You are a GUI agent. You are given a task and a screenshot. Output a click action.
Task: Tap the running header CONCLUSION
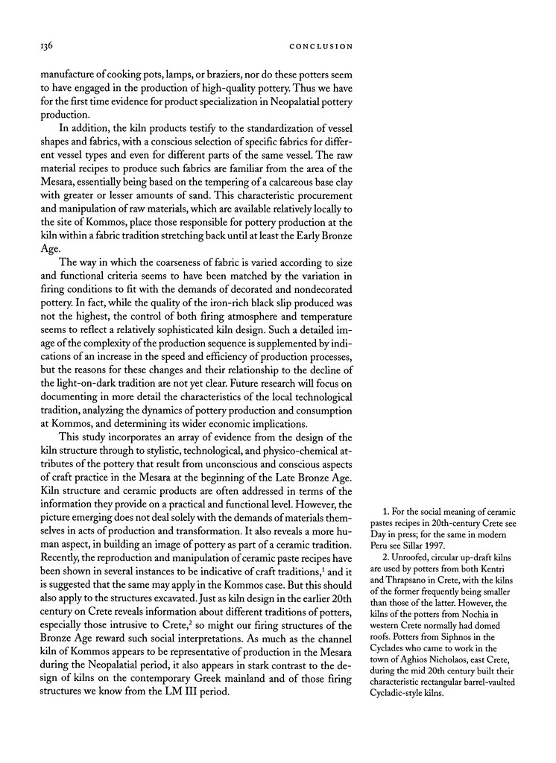[x=320, y=46]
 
